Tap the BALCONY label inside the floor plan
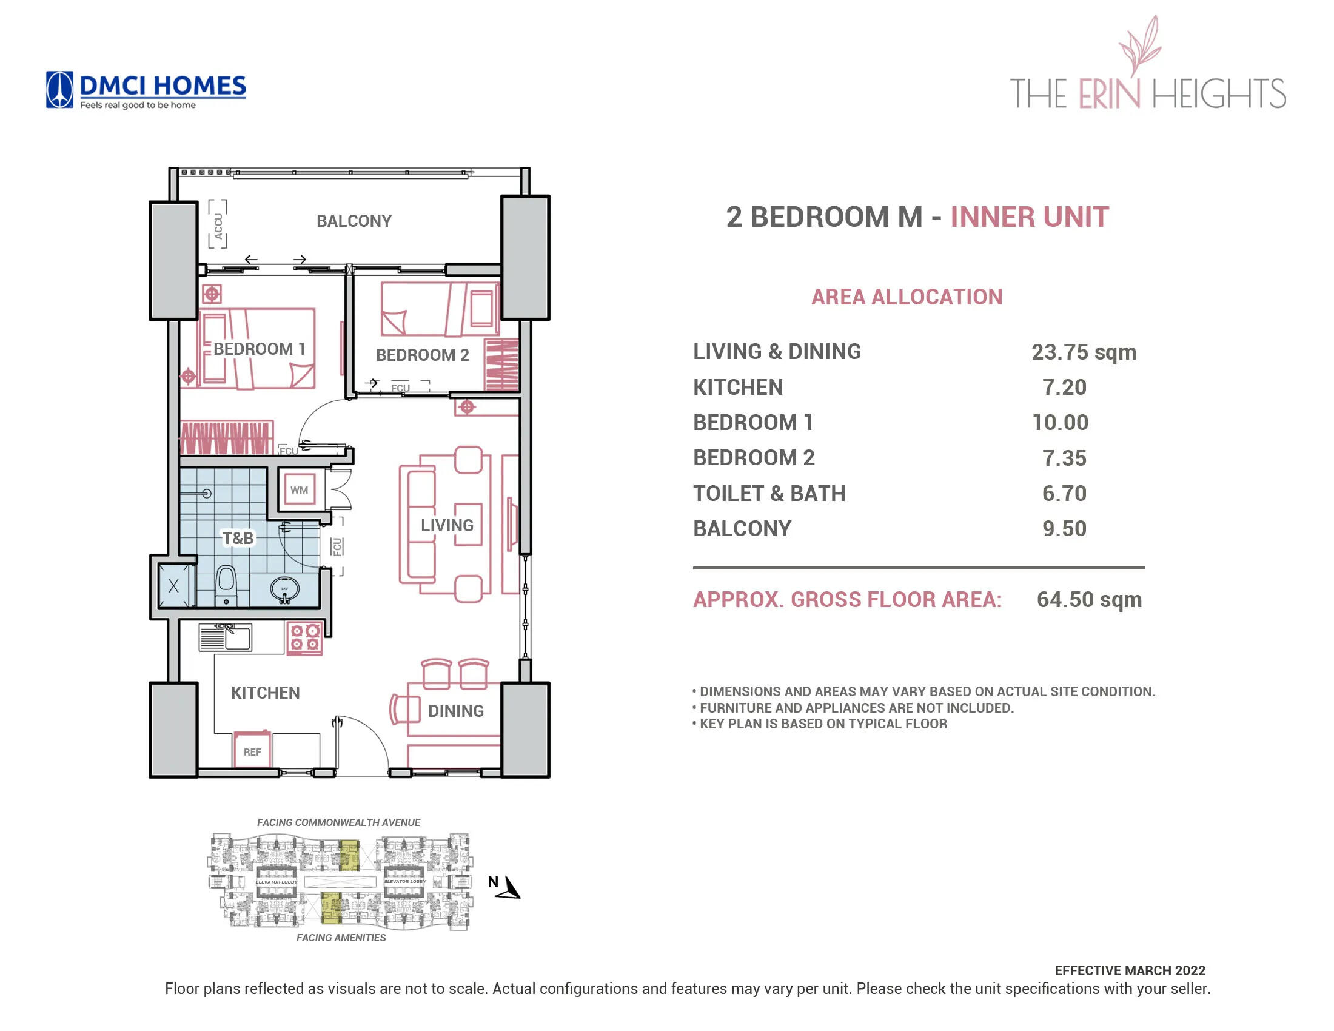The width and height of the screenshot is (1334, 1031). click(x=354, y=221)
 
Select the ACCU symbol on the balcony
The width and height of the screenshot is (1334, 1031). click(x=218, y=224)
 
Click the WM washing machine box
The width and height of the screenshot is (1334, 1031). click(x=299, y=490)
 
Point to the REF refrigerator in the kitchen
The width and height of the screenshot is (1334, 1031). click(x=252, y=751)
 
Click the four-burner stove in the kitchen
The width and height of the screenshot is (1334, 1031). click(x=305, y=637)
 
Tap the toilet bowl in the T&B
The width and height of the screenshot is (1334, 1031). click(x=226, y=585)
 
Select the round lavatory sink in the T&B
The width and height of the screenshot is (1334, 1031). click(x=284, y=590)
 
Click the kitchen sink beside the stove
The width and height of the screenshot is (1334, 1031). click(x=226, y=638)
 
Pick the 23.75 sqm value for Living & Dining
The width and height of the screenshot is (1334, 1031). click(x=1083, y=352)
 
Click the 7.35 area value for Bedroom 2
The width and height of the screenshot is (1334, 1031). click(x=1064, y=458)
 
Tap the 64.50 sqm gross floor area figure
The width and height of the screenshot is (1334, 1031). click(x=1088, y=599)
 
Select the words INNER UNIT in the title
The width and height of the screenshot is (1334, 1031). click(x=1028, y=218)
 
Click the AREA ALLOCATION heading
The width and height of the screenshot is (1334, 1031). click(x=907, y=297)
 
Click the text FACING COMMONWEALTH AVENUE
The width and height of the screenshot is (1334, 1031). click(x=338, y=822)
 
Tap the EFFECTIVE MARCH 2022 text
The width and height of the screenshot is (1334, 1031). click(x=1130, y=970)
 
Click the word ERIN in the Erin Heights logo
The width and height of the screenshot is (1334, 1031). click(x=1108, y=93)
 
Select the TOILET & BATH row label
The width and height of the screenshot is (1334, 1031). click(x=768, y=494)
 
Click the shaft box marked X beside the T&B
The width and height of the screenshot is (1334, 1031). click(x=173, y=586)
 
